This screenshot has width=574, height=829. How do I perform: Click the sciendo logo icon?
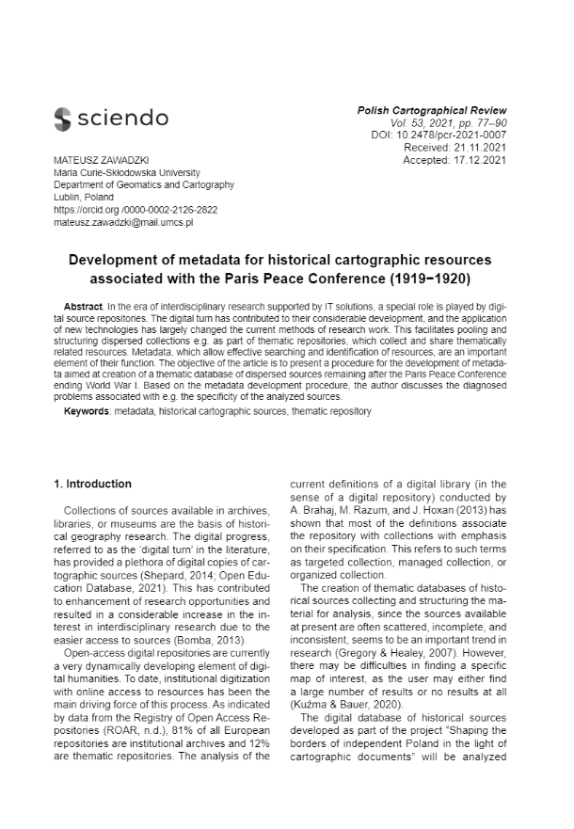[x=63, y=119]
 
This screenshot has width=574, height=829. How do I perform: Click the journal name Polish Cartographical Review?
[x=432, y=111]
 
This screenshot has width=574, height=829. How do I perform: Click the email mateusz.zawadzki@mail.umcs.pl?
[x=122, y=222]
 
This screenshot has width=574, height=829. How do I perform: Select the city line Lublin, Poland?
[x=84, y=198]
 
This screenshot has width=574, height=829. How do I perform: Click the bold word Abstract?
[x=83, y=309]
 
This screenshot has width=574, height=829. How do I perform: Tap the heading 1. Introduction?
[x=92, y=485]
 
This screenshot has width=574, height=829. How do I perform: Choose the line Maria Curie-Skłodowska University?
[x=133, y=173]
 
